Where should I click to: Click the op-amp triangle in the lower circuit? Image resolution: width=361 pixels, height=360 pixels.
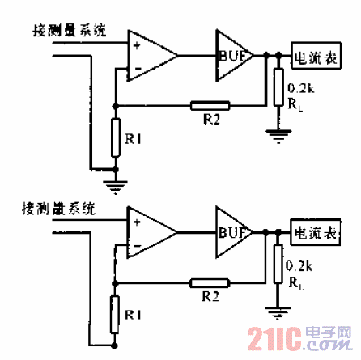(x=152, y=232)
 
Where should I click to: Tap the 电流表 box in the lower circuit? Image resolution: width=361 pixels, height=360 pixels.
(x=315, y=233)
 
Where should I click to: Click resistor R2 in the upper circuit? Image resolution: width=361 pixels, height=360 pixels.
(x=210, y=104)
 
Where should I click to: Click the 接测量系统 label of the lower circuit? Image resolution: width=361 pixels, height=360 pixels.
(x=57, y=209)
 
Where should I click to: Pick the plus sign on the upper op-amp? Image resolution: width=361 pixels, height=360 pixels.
(x=135, y=40)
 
